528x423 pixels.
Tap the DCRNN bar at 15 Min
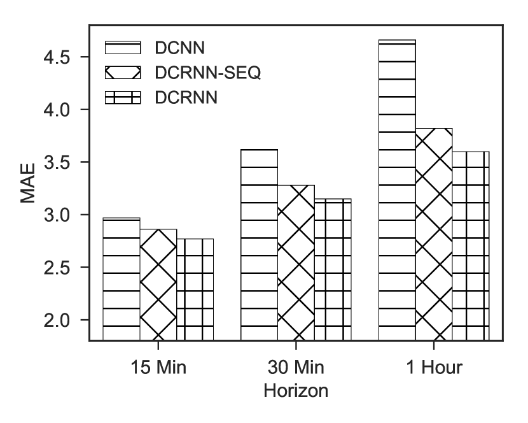tap(195, 289)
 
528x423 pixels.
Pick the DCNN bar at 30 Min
tap(259, 245)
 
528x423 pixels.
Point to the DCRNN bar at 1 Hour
tap(471, 246)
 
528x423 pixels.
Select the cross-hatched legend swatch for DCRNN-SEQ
tap(122, 73)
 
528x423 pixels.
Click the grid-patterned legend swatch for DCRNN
tap(122, 97)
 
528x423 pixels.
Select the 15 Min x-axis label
tap(158, 368)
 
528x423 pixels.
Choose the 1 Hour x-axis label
tap(434, 368)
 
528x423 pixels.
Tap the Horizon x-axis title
tap(296, 391)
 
